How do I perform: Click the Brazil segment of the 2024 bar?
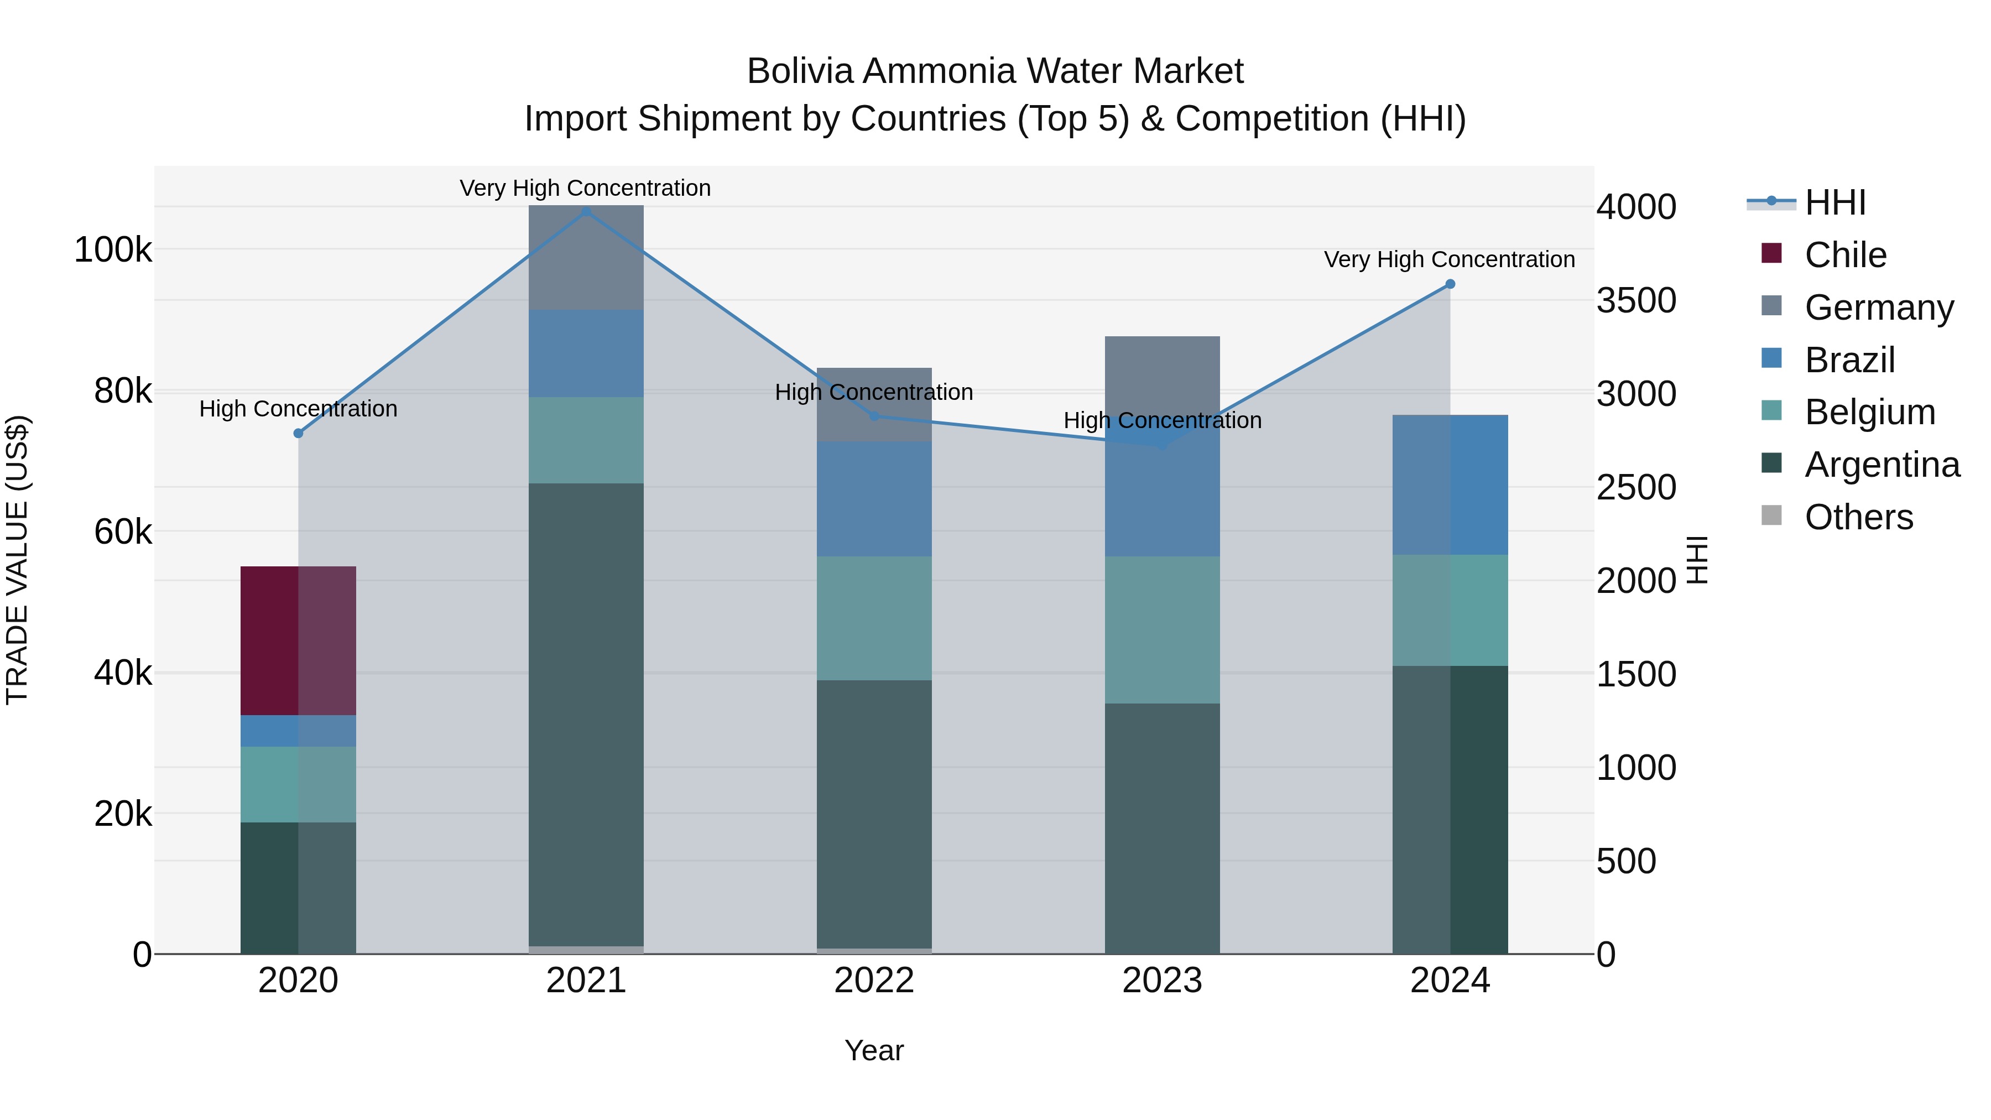click(1450, 485)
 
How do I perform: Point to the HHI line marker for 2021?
click(586, 212)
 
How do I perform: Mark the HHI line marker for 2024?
click(1450, 284)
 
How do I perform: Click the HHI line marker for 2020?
click(298, 434)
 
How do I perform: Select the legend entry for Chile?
click(1845, 255)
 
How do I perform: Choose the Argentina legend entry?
click(1881, 465)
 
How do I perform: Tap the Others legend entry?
click(1858, 517)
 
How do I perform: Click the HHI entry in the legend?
click(1834, 202)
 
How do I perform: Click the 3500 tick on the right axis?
click(1636, 301)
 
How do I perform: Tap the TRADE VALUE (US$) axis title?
click(17, 560)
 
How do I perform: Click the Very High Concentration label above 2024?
click(1449, 260)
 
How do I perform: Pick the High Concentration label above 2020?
click(298, 409)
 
